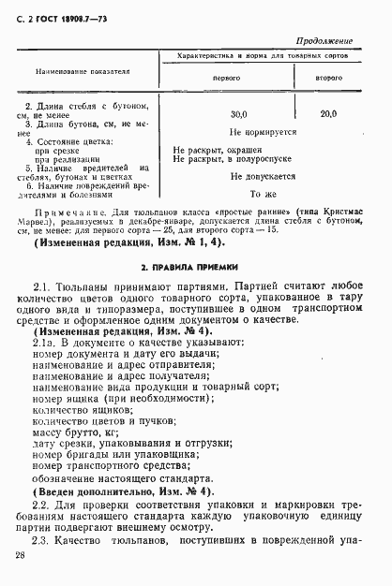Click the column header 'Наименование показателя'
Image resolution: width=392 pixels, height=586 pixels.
pyautogui.click(x=83, y=71)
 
